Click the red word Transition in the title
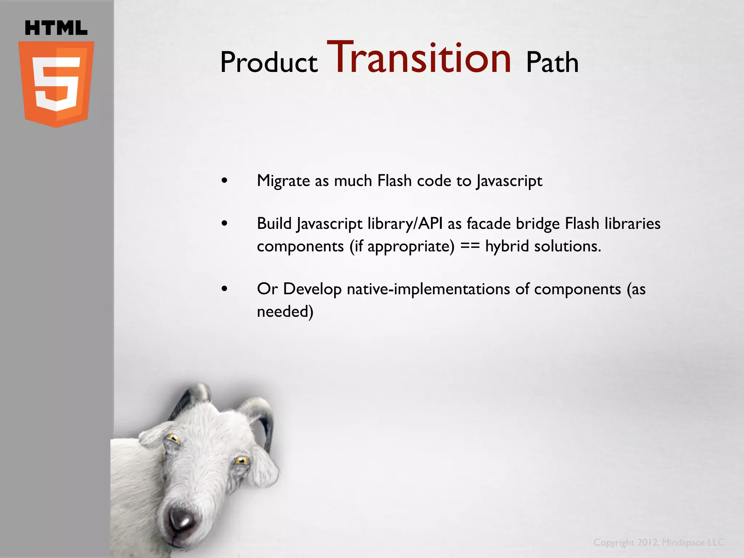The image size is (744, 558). tap(420, 58)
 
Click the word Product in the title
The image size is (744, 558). tap(269, 62)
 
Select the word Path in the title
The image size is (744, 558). tap(552, 62)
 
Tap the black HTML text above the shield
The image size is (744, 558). tap(56, 28)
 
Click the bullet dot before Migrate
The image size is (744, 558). tap(225, 181)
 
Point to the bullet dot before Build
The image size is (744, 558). tap(225, 223)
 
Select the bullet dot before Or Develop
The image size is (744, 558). tap(225, 289)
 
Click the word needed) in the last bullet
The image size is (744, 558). tap(285, 312)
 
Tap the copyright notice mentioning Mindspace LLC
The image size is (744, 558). tap(659, 542)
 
